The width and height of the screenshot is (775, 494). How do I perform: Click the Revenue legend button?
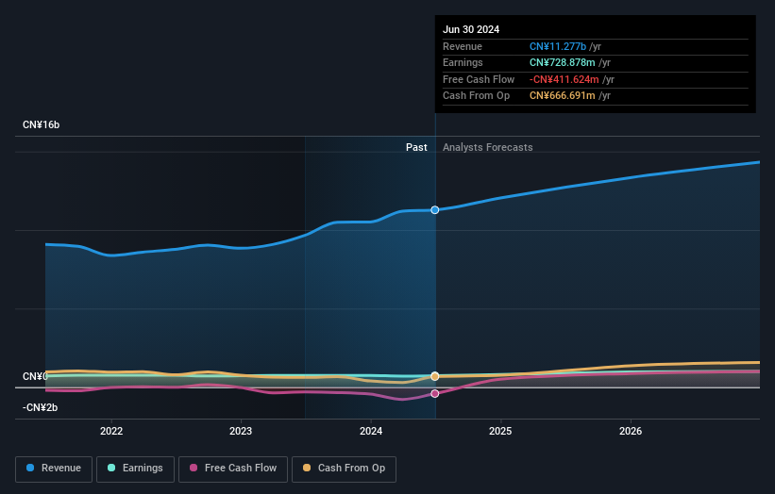(x=54, y=468)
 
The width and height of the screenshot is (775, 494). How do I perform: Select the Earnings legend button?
(x=135, y=468)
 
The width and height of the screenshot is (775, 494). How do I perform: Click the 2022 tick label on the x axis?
(x=111, y=432)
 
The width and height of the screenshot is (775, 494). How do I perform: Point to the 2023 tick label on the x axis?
(x=241, y=432)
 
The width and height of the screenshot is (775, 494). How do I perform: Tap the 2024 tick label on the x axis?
(x=371, y=432)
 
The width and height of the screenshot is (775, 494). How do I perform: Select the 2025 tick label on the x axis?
(x=500, y=432)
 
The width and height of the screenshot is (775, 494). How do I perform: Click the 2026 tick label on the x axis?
(x=631, y=432)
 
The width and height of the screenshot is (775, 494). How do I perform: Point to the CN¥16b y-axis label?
(x=42, y=124)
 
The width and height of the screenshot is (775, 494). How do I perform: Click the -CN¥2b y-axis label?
(x=41, y=407)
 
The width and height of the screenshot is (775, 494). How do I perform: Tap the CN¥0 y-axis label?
(x=35, y=376)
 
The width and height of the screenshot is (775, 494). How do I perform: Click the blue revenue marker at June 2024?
(x=435, y=209)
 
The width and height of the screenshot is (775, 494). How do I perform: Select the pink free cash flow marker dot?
(x=435, y=393)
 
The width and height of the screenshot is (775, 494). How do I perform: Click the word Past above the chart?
(x=416, y=147)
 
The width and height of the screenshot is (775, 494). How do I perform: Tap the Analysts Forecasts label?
(x=487, y=147)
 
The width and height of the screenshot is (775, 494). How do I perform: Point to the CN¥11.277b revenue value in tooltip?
(x=559, y=46)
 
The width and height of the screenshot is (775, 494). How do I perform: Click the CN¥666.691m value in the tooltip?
(x=563, y=95)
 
